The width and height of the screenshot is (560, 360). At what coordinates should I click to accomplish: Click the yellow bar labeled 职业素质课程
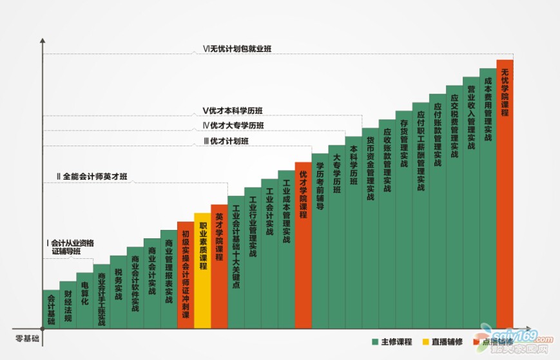(202, 270)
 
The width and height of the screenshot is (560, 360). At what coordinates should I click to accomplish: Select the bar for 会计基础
(51, 310)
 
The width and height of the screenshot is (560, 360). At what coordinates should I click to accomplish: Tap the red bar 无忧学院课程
(505, 193)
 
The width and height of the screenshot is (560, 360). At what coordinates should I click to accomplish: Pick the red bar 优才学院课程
(303, 245)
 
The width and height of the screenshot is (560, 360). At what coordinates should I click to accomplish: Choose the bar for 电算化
(84, 300)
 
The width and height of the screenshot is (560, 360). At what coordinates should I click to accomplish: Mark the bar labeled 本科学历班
(353, 232)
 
